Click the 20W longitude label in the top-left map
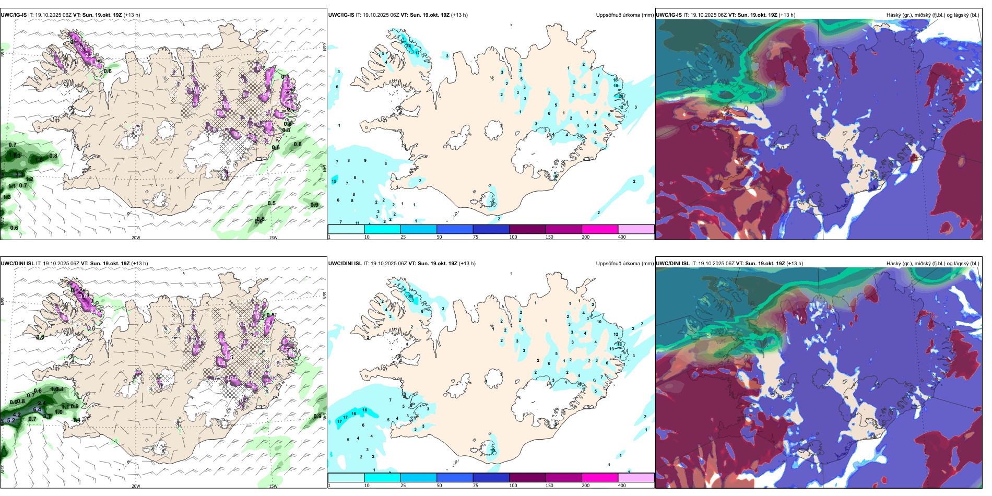pos(136,238)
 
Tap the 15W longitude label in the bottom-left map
pos(273,486)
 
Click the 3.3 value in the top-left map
pos(19,174)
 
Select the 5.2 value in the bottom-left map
pos(11,420)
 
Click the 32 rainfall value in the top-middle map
pos(409,46)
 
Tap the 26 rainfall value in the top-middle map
pos(621,96)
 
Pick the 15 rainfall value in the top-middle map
pos(334,181)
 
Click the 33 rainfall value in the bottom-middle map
pos(411,297)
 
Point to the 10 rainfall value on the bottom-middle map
pos(599,322)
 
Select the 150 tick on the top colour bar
pos(549,237)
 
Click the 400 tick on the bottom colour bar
pos(622,486)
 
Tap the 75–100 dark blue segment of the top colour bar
pos(491,229)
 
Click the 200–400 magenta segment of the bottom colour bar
pos(600,478)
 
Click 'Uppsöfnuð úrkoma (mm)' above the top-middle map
pos(624,15)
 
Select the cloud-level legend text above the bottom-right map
pos(932,264)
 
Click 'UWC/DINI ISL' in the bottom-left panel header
pos(17,264)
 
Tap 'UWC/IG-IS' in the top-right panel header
pos(669,15)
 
